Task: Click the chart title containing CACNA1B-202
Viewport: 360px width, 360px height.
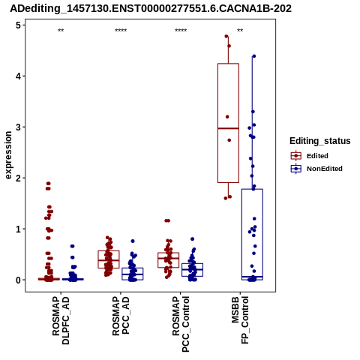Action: pyautogui.click(x=151, y=9)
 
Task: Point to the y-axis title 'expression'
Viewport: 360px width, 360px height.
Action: pyautogui.click(x=8, y=155)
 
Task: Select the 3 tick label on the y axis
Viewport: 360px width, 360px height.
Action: pyautogui.click(x=19, y=127)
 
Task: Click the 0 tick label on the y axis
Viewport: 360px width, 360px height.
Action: pyautogui.click(x=19, y=280)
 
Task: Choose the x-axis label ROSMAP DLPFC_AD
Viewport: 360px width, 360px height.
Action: pyautogui.click(x=61, y=320)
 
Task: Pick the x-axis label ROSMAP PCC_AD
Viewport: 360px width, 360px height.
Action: pyautogui.click(x=121, y=316)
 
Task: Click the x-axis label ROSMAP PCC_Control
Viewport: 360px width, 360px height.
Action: pyautogui.click(x=181, y=324)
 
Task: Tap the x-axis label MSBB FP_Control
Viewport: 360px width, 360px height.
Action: pyautogui.click(x=240, y=320)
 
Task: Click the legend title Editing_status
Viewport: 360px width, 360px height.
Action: pyautogui.click(x=320, y=141)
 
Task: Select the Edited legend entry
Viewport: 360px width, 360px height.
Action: pyautogui.click(x=310, y=156)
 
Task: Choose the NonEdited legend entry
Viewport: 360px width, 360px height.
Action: pyautogui.click(x=316, y=169)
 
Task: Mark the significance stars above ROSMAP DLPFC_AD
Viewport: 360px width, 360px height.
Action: pyautogui.click(x=61, y=31)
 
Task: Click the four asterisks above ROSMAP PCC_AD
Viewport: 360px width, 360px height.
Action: pyautogui.click(x=121, y=31)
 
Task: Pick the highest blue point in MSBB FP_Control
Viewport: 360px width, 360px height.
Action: pyautogui.click(x=254, y=56)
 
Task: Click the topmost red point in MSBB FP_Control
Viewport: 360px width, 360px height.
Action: pyautogui.click(x=226, y=36)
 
